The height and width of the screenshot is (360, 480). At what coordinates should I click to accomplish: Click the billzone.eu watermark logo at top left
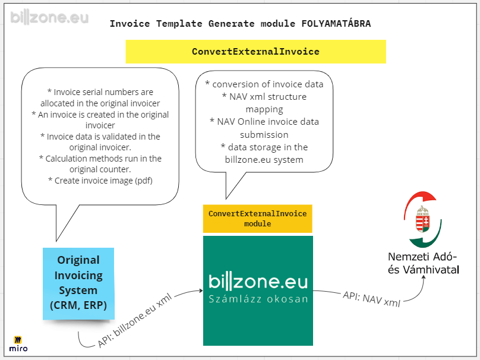pos(49,17)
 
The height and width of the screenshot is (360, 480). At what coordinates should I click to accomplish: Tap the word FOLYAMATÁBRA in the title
pos(336,24)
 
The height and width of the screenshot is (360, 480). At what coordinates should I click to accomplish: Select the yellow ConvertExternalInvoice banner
pos(255,52)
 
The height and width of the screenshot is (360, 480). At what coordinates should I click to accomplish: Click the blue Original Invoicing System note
pos(78,283)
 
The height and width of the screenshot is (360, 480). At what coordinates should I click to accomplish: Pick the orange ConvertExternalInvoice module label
pos(257,219)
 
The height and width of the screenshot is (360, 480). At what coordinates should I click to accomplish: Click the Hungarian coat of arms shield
pos(423,222)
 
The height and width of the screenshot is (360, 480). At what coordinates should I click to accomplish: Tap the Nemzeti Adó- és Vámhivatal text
pos(424,263)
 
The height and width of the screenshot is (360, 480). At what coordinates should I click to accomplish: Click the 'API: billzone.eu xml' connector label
pos(135,321)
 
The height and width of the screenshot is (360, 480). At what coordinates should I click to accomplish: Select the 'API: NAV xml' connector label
pos(371,299)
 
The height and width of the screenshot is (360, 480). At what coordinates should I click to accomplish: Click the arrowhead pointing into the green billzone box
pos(201,291)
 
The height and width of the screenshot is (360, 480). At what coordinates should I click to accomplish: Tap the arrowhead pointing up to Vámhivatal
pos(424,277)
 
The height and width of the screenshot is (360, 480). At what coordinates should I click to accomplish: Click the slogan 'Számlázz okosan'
pos(258,299)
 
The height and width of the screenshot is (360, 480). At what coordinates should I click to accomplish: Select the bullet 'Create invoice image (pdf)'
pos(100,181)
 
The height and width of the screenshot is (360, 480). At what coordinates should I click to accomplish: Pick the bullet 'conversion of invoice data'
pos(264,84)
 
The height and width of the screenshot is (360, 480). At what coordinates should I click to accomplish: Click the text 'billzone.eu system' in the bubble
pos(264,160)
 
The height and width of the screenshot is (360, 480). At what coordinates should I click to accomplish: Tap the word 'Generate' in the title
pos(232,24)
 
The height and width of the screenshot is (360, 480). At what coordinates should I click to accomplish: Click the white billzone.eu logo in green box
pos(258,282)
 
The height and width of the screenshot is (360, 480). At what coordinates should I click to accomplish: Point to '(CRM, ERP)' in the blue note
pos(78,305)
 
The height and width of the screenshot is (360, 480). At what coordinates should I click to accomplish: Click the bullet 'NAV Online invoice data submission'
pos(264,128)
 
